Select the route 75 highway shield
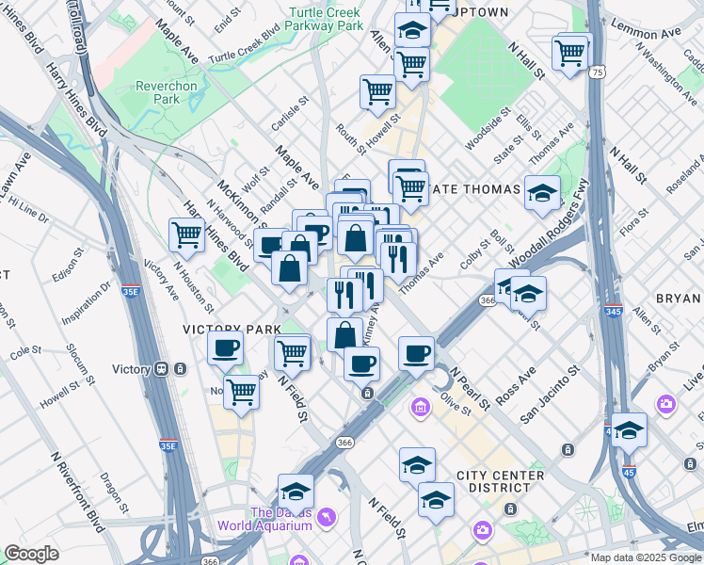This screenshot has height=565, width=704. click(x=598, y=72)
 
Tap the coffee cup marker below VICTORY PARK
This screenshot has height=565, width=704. click(x=226, y=349)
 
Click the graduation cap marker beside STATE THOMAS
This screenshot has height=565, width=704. click(x=542, y=193)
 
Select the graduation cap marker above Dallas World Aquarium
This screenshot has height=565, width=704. click(x=296, y=492)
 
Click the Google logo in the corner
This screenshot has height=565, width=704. click(x=31, y=554)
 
